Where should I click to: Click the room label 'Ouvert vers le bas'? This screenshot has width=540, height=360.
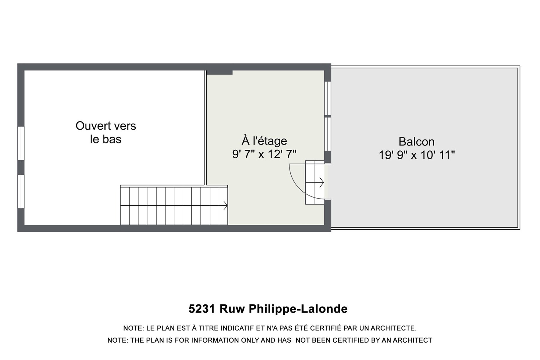click(106, 132)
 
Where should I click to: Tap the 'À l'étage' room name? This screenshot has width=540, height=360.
click(264, 141)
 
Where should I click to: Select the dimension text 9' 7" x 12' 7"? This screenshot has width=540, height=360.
click(264, 154)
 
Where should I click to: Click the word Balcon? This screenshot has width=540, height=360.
click(416, 141)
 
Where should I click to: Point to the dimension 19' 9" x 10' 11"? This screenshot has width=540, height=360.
click(417, 155)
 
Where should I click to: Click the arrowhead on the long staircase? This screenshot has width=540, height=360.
click(225, 205)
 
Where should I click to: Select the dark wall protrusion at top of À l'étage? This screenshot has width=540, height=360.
click(219, 72)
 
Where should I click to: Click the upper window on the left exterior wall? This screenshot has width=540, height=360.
click(21, 143)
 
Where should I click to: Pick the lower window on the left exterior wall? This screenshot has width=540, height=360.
click(21, 191)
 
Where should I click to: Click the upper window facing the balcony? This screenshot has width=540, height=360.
click(328, 98)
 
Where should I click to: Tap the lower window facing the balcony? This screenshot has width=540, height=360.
click(328, 134)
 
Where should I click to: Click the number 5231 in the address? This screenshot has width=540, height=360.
click(202, 309)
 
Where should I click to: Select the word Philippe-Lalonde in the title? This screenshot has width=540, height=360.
click(298, 309)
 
